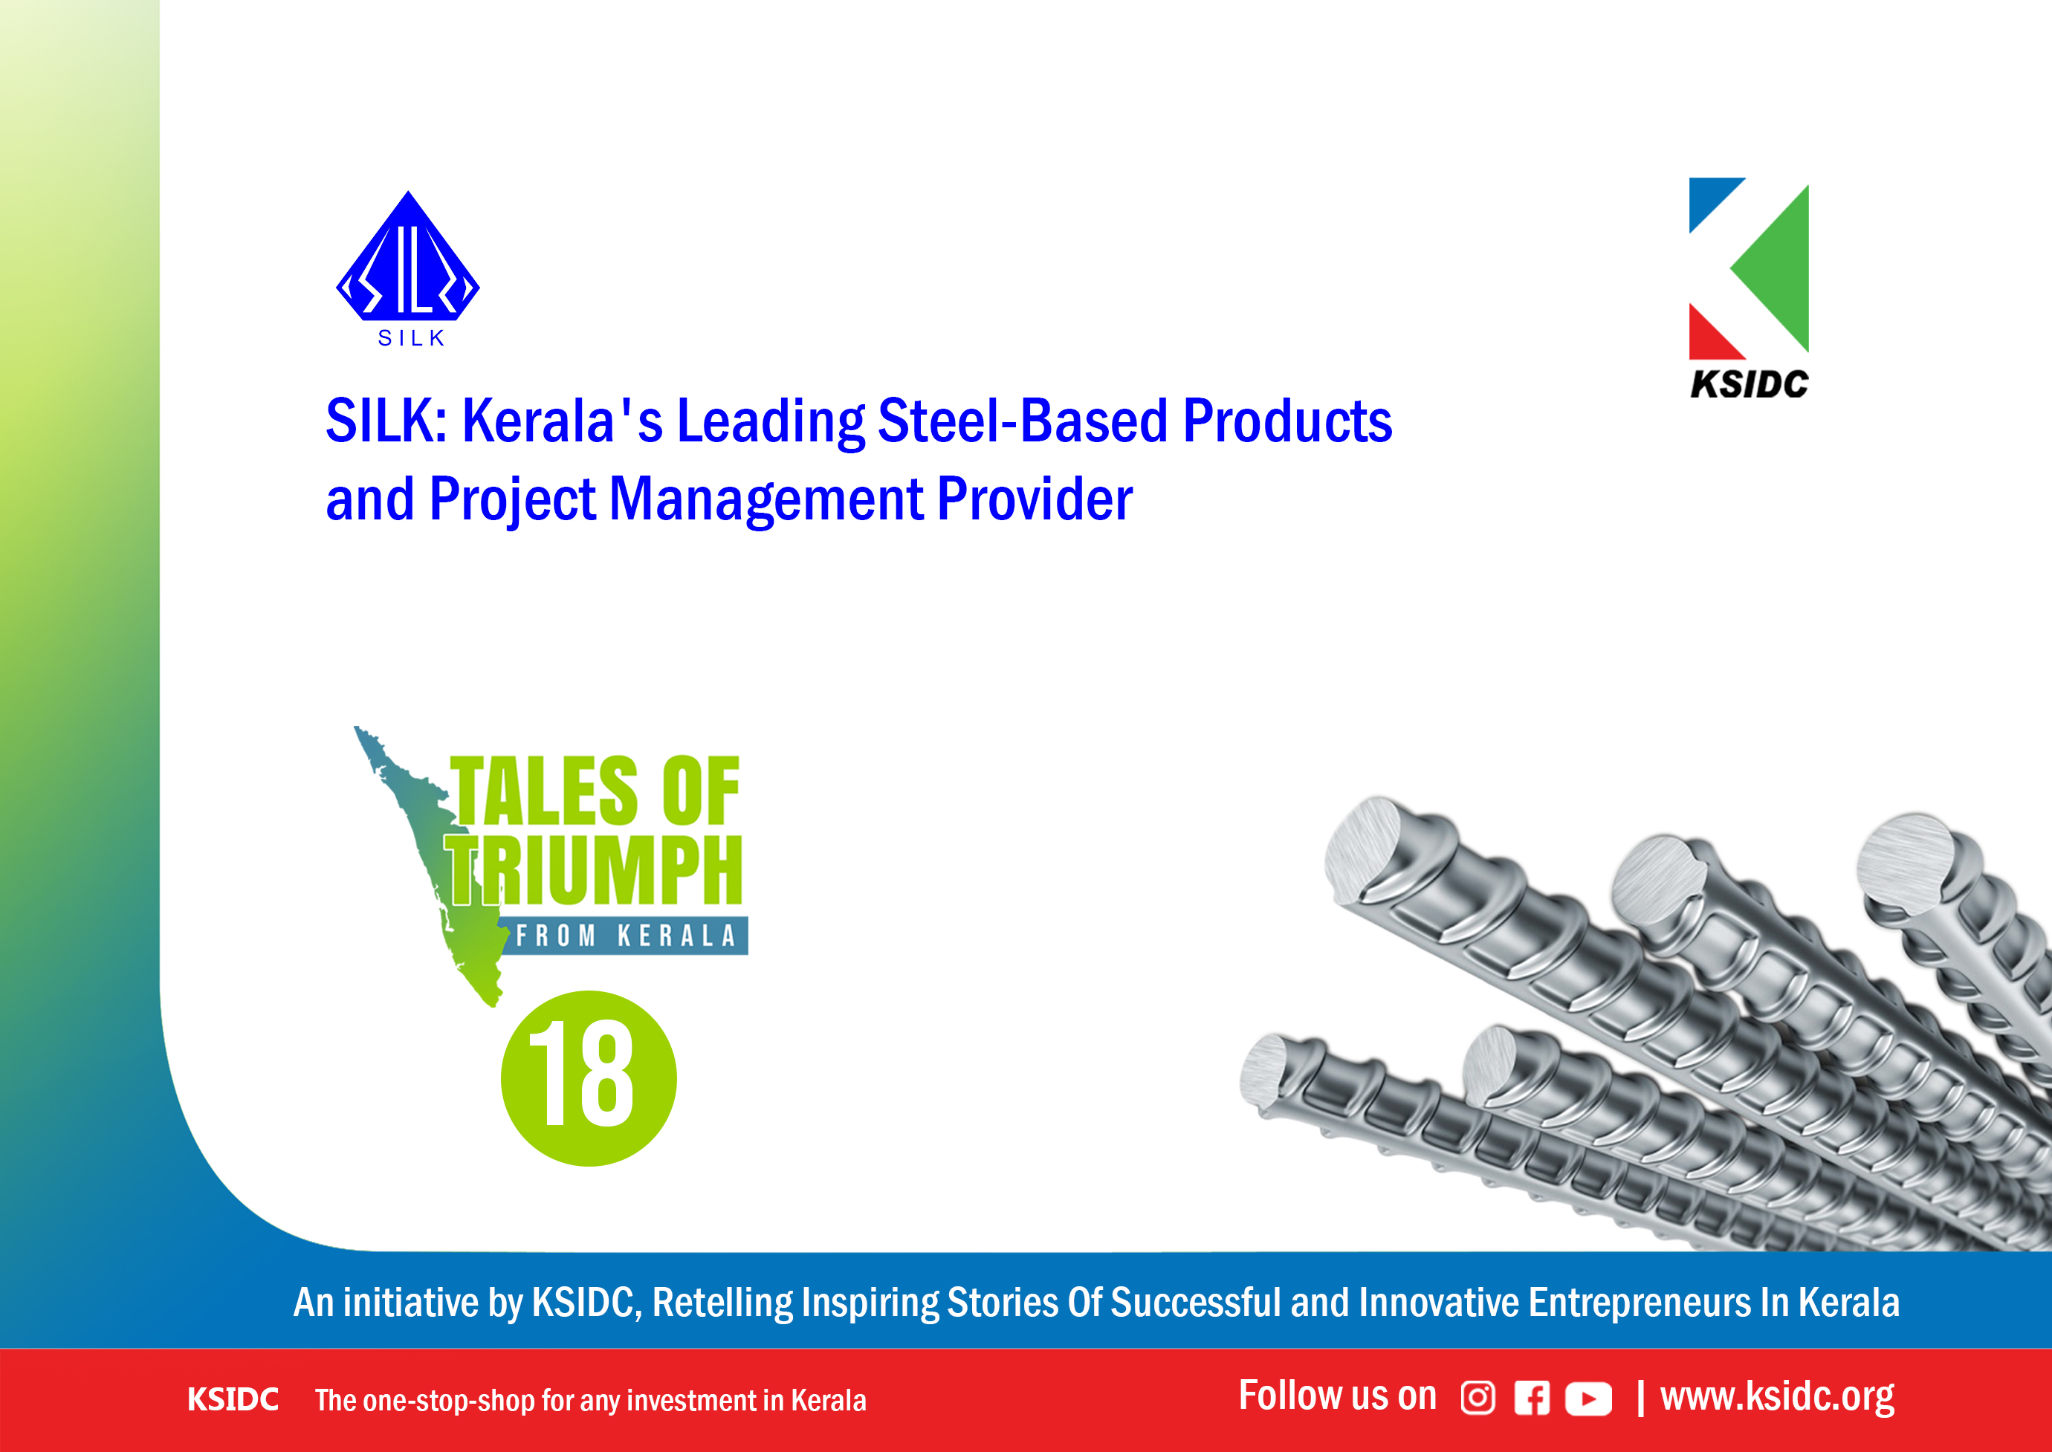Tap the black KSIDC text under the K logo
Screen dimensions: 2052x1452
[1749, 384]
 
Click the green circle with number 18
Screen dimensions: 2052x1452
[589, 1077]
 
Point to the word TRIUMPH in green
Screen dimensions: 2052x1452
[595, 870]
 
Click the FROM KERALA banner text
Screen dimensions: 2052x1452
[626, 936]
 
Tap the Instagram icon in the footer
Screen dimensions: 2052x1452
[1478, 1398]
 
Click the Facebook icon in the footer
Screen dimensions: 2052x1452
[1532, 1398]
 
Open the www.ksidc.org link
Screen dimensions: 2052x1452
[1778, 1396]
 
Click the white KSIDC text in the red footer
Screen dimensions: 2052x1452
[233, 1399]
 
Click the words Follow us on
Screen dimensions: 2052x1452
[1338, 1396]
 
